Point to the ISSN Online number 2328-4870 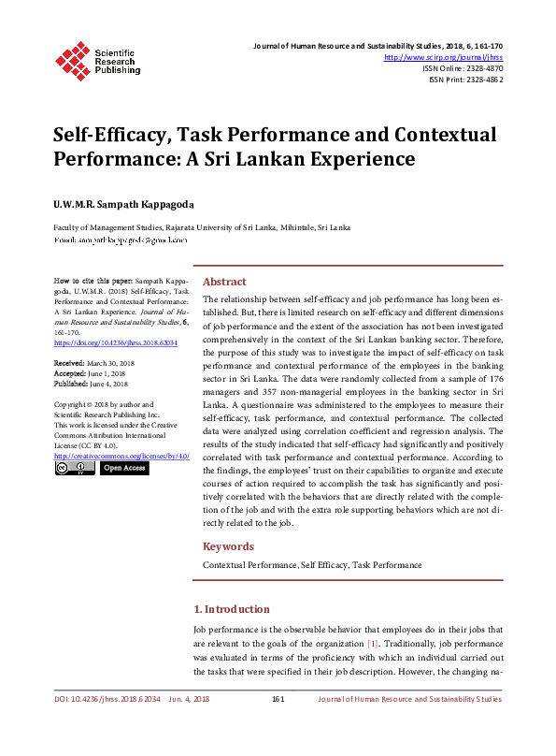(480, 68)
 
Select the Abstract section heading (224, 282)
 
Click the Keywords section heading (229, 546)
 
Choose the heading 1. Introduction (231, 609)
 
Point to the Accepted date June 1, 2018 (105, 372)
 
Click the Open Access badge (124, 468)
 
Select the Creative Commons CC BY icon (75, 468)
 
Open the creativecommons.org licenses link (121, 456)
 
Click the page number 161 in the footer (278, 699)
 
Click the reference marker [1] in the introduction (372, 645)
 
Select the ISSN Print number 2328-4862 (480, 80)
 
